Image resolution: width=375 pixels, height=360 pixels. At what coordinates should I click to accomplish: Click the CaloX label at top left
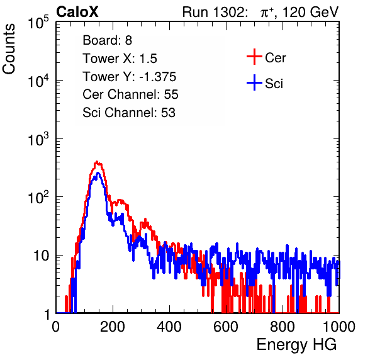click(77, 12)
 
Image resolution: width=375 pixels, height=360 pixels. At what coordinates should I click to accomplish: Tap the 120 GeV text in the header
click(311, 12)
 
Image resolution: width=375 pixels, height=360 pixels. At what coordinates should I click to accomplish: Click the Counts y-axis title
click(9, 49)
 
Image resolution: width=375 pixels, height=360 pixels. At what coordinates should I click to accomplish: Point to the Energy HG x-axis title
click(296, 345)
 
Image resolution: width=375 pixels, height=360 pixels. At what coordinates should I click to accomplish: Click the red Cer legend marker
click(254, 57)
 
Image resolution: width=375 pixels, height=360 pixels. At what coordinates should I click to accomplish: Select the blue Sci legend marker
click(254, 83)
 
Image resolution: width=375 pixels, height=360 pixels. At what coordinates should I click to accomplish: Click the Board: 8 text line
click(108, 40)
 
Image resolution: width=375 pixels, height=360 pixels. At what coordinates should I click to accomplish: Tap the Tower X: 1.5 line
click(120, 59)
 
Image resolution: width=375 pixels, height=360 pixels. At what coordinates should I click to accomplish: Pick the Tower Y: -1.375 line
click(130, 77)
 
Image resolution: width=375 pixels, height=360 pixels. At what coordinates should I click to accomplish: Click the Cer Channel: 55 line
click(130, 94)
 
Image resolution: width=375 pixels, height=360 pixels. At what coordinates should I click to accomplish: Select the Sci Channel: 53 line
click(129, 113)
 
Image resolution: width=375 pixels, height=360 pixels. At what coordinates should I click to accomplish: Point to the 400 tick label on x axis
click(169, 327)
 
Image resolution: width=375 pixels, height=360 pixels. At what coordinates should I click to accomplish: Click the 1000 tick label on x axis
click(339, 327)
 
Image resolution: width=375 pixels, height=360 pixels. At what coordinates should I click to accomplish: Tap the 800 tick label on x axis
click(283, 327)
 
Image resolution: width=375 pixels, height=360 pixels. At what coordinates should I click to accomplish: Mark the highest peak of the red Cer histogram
click(97, 162)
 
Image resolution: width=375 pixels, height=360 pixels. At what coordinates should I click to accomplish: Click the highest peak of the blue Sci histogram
click(98, 172)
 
